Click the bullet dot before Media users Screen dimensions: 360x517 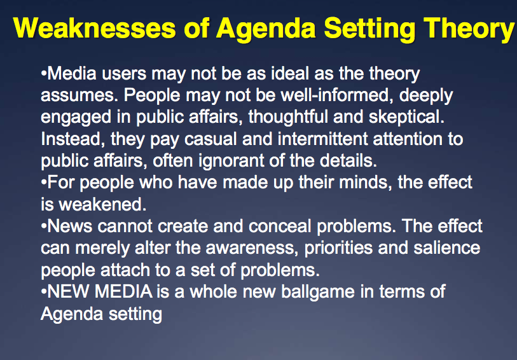click(x=44, y=74)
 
